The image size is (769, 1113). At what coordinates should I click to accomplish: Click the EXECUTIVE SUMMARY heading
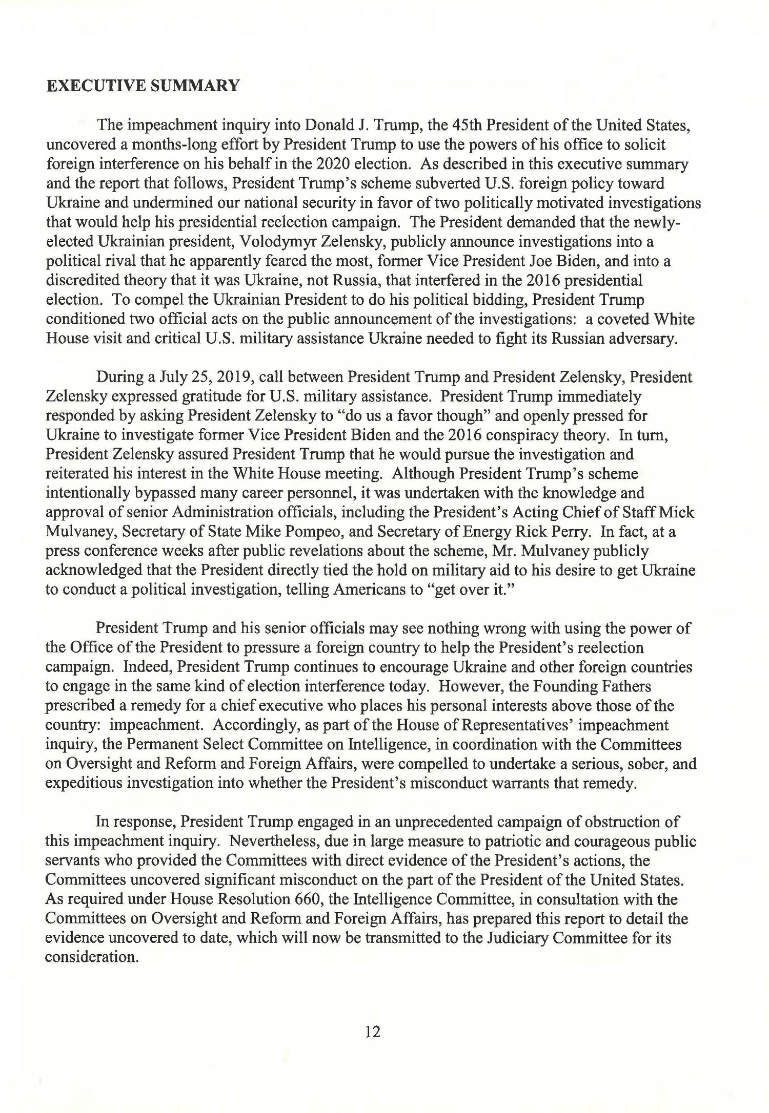tap(143, 85)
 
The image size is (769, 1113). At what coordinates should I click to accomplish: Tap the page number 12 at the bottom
tap(373, 1032)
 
